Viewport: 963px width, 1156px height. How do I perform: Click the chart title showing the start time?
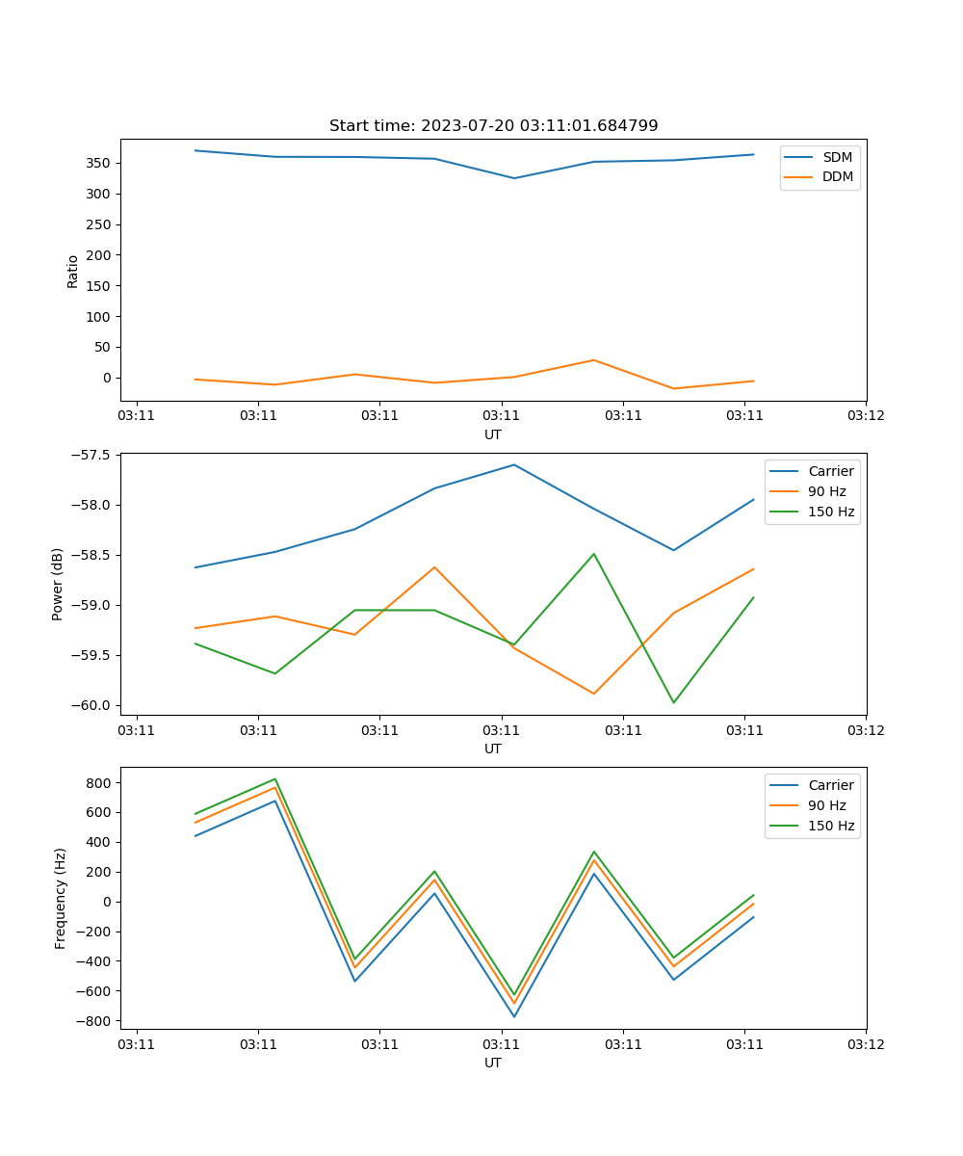click(493, 126)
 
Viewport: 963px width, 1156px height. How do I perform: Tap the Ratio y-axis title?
click(73, 271)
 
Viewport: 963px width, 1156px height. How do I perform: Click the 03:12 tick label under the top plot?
click(865, 416)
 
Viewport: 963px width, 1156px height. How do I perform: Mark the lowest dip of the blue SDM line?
click(513, 178)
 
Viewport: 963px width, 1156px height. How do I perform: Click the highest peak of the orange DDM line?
click(593, 360)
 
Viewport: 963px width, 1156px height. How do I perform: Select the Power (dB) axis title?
click(59, 584)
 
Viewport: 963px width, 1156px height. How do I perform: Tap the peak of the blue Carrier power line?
click(513, 464)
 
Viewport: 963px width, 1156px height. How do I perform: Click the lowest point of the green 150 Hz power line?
click(673, 702)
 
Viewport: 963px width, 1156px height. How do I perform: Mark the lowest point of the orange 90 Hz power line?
click(593, 694)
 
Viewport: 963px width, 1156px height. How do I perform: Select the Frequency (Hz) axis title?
click(61, 898)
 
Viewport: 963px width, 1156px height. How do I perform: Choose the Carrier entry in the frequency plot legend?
click(831, 785)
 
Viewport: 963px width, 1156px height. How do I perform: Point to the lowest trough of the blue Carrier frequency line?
click(513, 1016)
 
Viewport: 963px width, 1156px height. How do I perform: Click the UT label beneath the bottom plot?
click(493, 1063)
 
